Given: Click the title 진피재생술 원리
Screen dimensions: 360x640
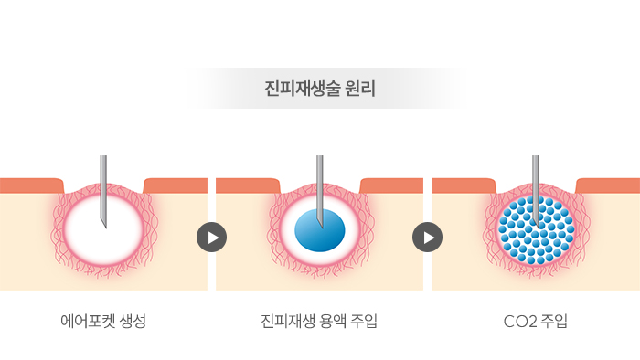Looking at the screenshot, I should point(319,90).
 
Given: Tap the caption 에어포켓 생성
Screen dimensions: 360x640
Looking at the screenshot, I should point(103,322).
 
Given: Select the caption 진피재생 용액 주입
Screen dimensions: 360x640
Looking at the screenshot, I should point(319,322).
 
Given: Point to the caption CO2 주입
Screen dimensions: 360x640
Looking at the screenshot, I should point(535,322).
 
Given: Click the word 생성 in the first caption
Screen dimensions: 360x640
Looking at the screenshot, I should point(131,322).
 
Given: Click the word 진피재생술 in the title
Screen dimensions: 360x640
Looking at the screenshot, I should point(300,90).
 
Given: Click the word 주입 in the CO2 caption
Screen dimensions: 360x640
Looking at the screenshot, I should point(553,322).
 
